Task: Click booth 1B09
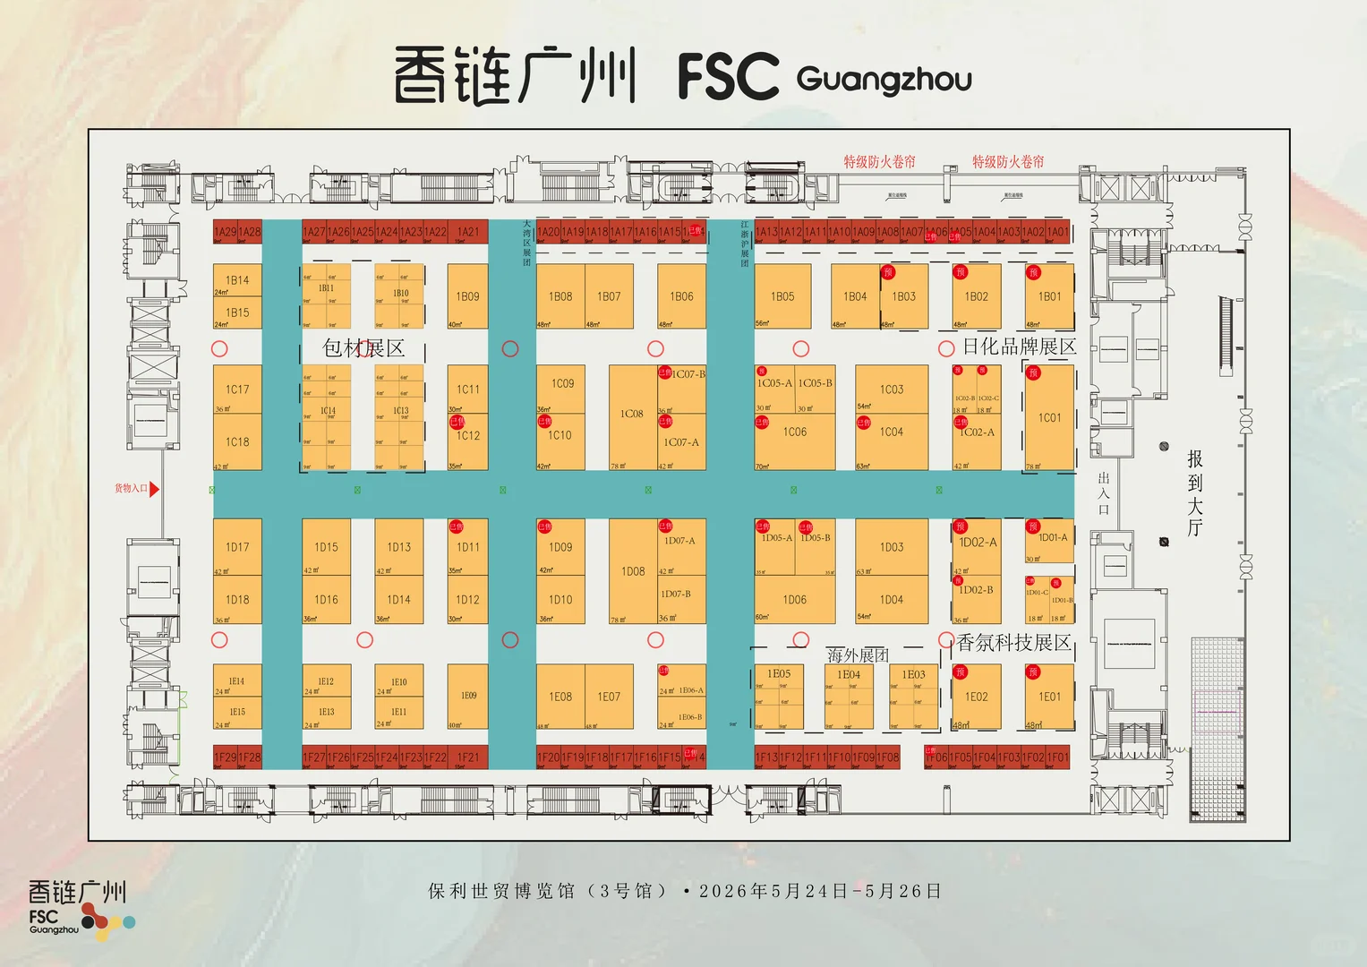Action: [467, 296]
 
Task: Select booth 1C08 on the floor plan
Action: [632, 415]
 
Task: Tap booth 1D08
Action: [633, 571]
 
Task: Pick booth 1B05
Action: [782, 296]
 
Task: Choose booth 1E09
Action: [468, 697]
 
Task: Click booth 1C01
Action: [1049, 418]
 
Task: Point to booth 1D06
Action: [794, 600]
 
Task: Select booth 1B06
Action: [681, 296]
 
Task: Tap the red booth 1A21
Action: [467, 232]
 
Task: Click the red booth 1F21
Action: [467, 757]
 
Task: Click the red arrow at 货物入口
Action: [154, 489]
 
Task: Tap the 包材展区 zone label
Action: [363, 348]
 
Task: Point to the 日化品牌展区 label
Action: [1019, 347]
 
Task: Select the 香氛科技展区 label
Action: [1013, 643]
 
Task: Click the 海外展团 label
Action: [858, 655]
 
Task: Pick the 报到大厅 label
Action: [1195, 492]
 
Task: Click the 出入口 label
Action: [1104, 493]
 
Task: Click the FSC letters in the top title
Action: [728, 76]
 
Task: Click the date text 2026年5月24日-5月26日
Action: [820, 891]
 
